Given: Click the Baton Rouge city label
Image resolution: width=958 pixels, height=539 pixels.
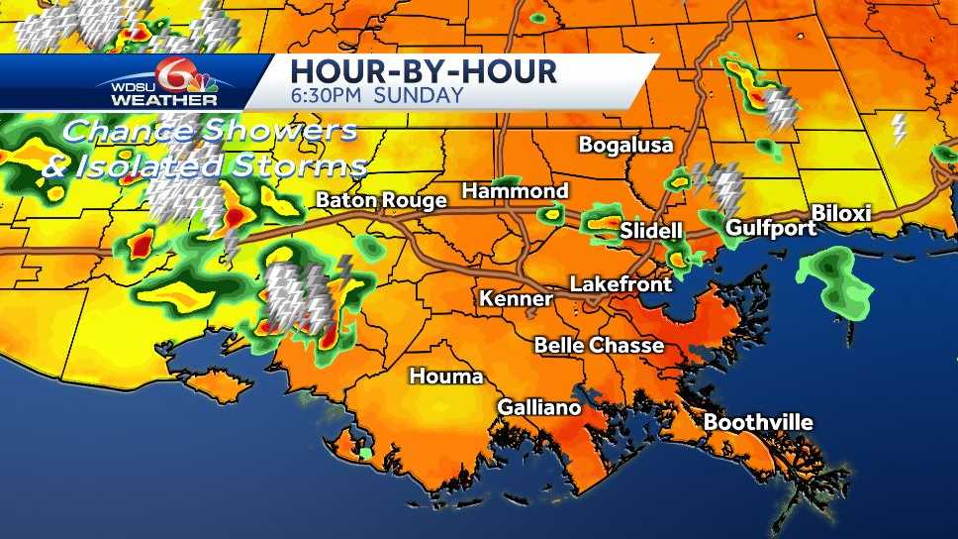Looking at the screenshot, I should (x=381, y=200).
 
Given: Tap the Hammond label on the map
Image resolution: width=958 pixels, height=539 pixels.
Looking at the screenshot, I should (x=515, y=190).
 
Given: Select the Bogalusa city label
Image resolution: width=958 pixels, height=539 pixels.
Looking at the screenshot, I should (x=625, y=145).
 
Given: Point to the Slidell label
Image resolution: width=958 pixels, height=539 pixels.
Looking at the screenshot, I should (x=651, y=231).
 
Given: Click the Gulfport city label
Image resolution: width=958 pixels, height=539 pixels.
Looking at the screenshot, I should (x=771, y=228).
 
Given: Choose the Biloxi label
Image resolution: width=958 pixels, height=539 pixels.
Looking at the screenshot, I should (x=840, y=214).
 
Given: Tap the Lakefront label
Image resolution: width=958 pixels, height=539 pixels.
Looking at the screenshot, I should (x=621, y=284).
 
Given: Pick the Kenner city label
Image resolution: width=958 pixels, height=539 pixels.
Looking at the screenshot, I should (x=516, y=298).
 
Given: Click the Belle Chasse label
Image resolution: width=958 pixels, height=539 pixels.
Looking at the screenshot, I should (x=599, y=345).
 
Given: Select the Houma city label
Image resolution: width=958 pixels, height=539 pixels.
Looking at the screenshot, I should (x=447, y=377).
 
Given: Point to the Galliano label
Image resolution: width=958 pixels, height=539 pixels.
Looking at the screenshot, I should (x=538, y=407).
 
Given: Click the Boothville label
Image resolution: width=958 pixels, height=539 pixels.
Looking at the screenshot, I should (x=758, y=423).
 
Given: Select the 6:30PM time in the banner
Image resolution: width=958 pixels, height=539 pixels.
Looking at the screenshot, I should (x=332, y=96).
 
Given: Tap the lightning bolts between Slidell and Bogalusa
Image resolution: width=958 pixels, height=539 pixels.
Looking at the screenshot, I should (x=725, y=185).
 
